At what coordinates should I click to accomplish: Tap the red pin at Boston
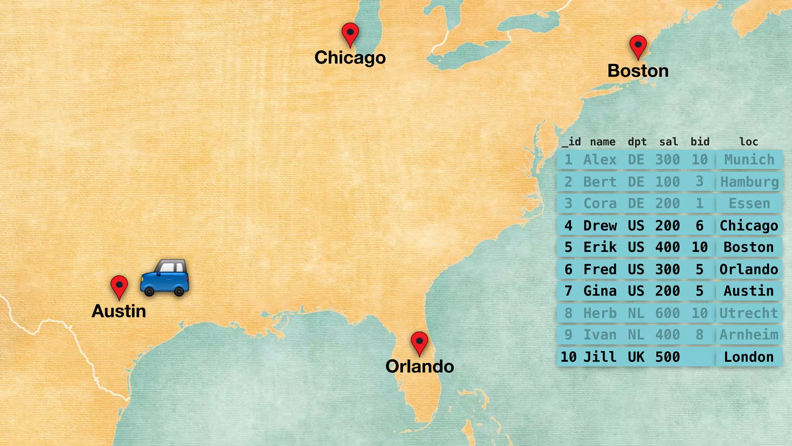(x=638, y=46)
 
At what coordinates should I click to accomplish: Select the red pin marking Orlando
(x=419, y=342)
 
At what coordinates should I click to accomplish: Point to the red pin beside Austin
(x=119, y=286)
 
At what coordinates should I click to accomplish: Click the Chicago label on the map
(x=350, y=58)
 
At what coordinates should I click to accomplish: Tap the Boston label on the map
(x=638, y=71)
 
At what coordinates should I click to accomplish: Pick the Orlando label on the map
(x=420, y=366)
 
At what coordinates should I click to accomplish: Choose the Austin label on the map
(x=119, y=311)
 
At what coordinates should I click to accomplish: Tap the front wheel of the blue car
(x=149, y=291)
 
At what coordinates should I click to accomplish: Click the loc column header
(x=749, y=142)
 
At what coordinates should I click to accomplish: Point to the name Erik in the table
(x=600, y=247)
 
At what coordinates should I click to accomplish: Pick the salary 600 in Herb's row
(x=667, y=313)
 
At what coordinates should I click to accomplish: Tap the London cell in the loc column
(x=749, y=357)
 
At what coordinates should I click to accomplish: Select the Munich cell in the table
(x=749, y=160)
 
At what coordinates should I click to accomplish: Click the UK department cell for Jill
(x=636, y=357)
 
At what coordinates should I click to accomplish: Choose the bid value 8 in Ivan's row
(x=700, y=335)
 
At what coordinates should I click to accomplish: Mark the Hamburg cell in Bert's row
(x=749, y=182)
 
